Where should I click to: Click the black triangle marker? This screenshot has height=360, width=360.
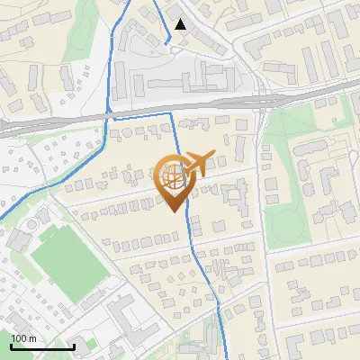(181, 24)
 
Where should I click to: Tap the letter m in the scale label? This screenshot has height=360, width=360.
(32, 337)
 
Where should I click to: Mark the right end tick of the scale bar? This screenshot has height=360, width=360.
(74, 345)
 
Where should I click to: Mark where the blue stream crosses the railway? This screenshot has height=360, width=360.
(108, 116)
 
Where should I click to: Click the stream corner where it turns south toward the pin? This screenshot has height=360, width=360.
(172, 112)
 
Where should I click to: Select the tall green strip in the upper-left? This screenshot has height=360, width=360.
(86, 31)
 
